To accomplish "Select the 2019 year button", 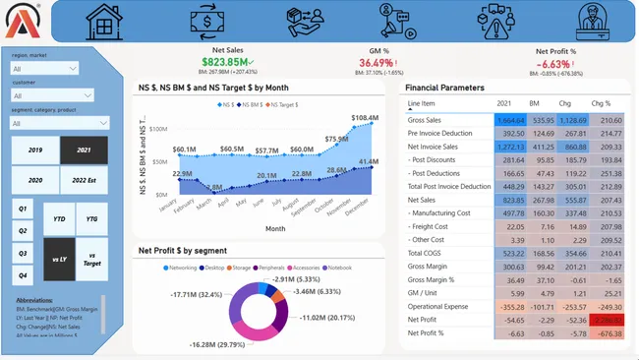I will click(34, 150).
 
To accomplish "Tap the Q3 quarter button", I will click(22, 254).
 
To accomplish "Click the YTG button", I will click(92, 217).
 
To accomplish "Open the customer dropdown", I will click(44, 96).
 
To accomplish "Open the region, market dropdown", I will click(44, 69).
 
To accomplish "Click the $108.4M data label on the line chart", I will click(365, 119).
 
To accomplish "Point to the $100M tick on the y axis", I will click(166, 129).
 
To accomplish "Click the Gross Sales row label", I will click(427, 118).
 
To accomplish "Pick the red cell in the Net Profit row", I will click(607, 320).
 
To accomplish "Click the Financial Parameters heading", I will click(444, 88).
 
